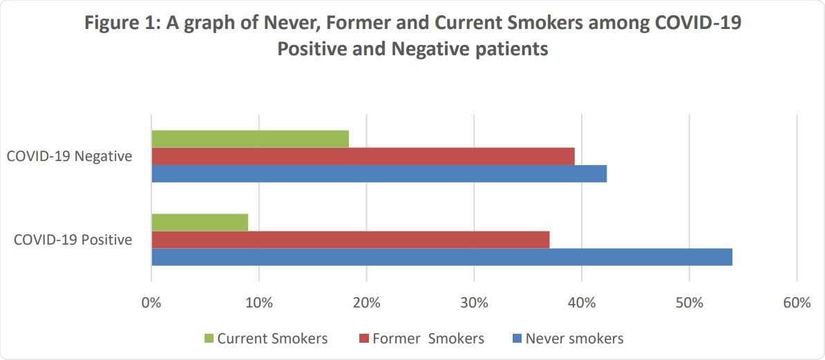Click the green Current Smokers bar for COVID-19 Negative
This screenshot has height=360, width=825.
point(250,138)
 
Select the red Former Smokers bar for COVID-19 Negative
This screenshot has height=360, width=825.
point(363,156)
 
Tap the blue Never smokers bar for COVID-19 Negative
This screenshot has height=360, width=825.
point(379,173)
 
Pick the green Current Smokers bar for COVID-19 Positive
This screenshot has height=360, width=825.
point(200,222)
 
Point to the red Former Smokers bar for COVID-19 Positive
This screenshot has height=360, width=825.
point(350,240)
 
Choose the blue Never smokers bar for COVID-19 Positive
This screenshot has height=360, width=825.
point(442,257)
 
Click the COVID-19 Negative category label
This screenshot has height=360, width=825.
point(69,156)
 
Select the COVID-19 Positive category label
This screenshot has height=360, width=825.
point(73,240)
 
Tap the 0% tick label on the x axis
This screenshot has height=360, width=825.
point(151,303)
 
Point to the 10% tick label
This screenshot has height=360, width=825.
point(258,303)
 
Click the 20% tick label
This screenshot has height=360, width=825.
point(366,303)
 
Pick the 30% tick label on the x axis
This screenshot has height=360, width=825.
point(474,303)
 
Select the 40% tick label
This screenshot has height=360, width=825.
point(582,303)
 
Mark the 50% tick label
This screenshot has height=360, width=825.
point(690,303)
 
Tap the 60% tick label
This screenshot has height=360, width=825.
point(797,303)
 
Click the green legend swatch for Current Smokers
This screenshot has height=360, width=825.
point(208,339)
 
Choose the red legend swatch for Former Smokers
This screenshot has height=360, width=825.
point(363,339)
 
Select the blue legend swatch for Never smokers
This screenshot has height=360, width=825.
point(517,339)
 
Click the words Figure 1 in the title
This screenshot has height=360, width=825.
point(120,24)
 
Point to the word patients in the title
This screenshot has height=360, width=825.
point(511,50)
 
